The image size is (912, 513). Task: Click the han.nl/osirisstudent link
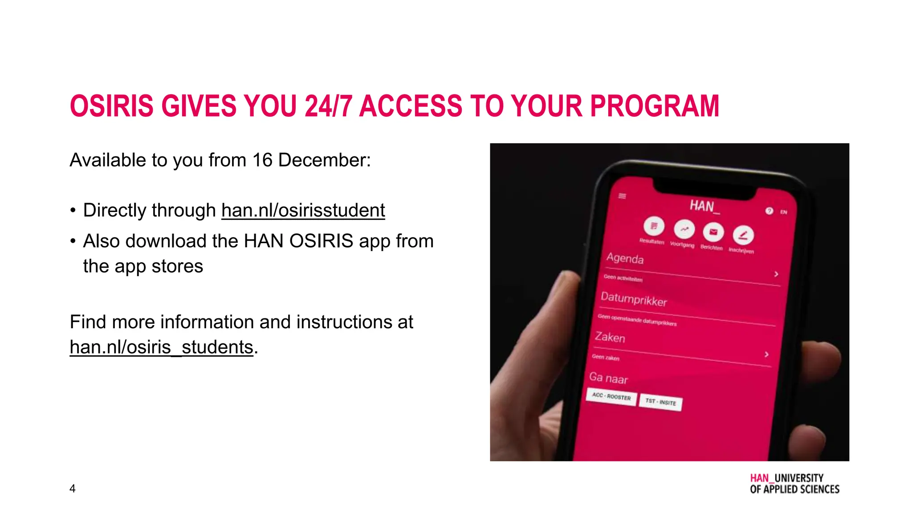coord(303,211)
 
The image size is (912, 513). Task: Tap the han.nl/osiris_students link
coord(161,347)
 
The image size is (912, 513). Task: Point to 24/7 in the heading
coord(328,106)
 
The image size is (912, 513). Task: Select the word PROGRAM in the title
coord(654,106)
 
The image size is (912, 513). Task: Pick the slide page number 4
coord(73,489)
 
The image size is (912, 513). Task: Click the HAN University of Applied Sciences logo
coord(794,484)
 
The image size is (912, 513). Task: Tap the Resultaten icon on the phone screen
coord(654,226)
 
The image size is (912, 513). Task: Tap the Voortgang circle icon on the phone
coord(684,229)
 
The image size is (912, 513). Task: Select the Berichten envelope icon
coord(713,232)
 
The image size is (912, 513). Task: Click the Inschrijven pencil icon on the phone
coord(743,235)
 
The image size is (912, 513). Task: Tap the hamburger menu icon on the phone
coord(622,196)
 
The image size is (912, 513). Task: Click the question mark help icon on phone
coord(769,211)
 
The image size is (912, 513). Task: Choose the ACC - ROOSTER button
coord(611,396)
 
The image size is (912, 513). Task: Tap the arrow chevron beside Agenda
coord(776,274)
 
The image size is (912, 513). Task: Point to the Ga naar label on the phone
coord(608,378)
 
